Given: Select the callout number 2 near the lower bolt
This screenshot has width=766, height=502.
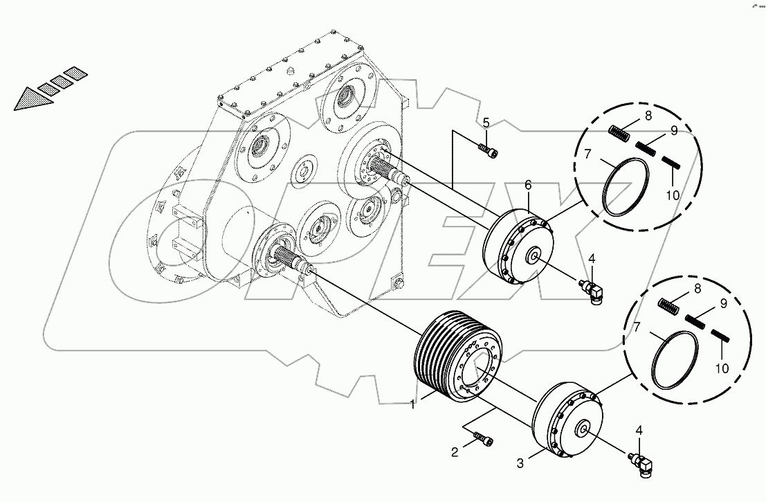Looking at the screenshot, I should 454,453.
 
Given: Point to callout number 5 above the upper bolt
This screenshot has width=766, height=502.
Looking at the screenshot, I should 486,123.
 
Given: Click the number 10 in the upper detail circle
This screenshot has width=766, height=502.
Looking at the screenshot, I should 673,196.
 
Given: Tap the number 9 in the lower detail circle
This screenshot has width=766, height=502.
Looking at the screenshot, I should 722,302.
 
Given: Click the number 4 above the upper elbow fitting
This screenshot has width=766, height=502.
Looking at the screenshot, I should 591,259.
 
